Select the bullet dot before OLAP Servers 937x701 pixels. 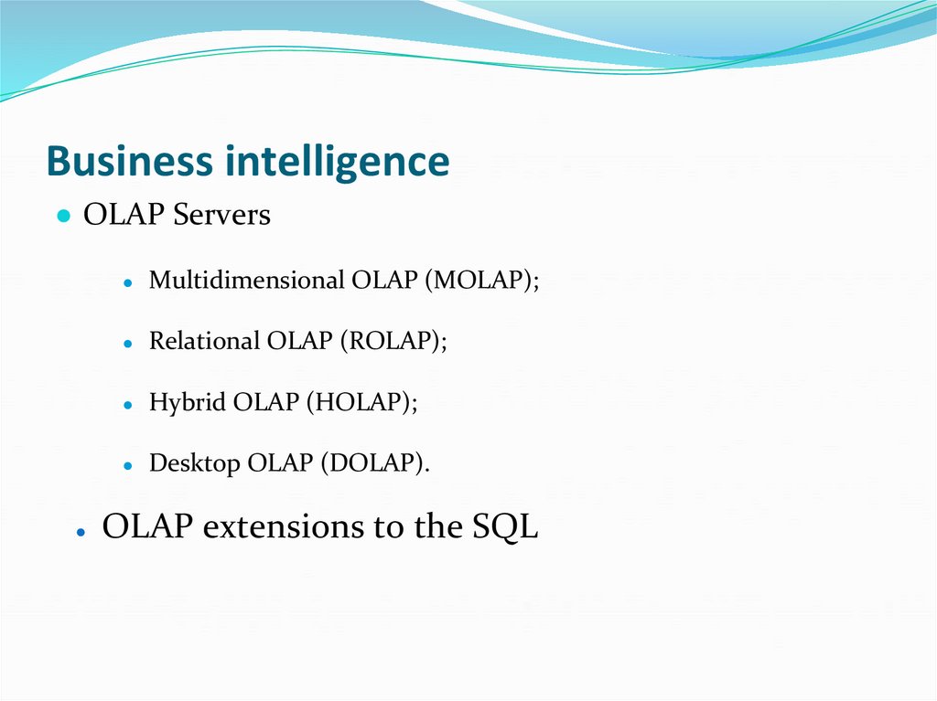point(62,218)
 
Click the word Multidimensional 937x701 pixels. point(246,281)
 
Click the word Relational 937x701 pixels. point(205,341)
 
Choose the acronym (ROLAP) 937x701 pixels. point(394,341)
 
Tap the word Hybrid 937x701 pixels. point(188,403)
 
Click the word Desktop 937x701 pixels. point(195,463)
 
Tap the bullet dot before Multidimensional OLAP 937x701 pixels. point(129,282)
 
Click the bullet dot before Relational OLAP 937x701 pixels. point(129,344)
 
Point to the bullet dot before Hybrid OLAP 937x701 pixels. point(129,405)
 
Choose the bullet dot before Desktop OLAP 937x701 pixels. point(129,466)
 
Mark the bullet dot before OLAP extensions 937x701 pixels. point(81,531)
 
